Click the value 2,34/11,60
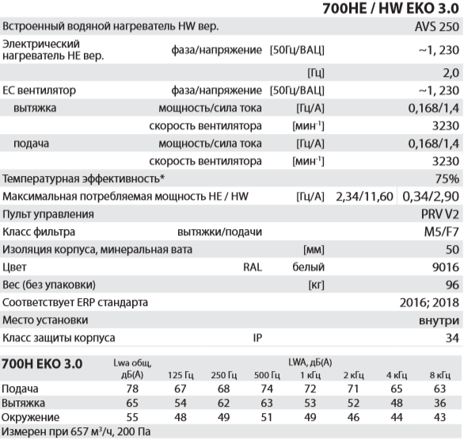coord(364,196)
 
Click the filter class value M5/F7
coord(440,232)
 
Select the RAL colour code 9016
coord(447,267)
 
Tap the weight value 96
coord(451,285)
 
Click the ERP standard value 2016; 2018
coord(428,302)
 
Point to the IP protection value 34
coord(451,337)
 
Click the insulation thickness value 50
coord(451,250)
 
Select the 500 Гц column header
coord(267,373)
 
